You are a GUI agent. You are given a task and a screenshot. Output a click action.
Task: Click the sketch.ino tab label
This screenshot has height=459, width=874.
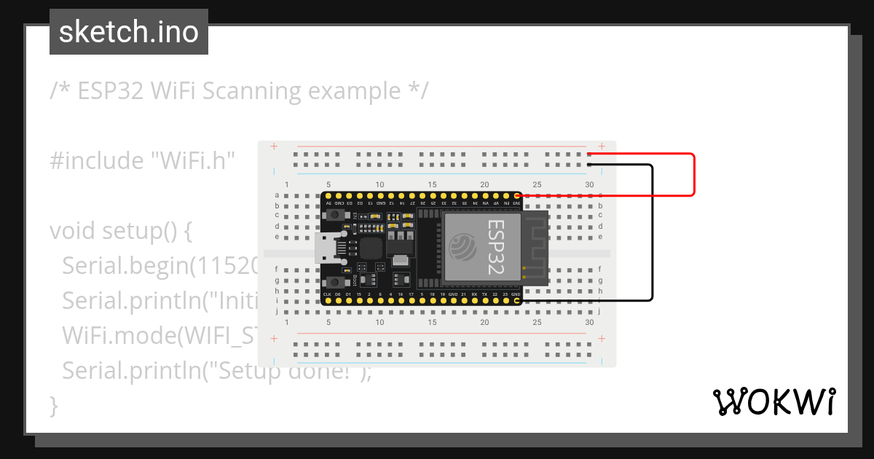pos(128,32)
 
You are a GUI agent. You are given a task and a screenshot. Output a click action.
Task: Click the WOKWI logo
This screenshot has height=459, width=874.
pos(773,401)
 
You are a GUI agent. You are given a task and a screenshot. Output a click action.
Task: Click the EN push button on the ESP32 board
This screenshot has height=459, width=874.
pos(336,216)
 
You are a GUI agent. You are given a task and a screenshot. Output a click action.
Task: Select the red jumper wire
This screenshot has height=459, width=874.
pos(693,175)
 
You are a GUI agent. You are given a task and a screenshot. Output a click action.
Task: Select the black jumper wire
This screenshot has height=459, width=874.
pos(651,233)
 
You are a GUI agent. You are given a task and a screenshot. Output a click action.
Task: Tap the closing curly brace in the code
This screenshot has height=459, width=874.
pos(53,405)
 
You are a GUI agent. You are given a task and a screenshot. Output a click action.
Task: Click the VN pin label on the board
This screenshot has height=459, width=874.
pos(484,203)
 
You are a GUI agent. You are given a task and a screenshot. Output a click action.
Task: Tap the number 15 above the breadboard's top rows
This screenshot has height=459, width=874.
pos(433,184)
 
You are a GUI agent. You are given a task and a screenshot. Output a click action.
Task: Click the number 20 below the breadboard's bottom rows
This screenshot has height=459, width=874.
pos(484,322)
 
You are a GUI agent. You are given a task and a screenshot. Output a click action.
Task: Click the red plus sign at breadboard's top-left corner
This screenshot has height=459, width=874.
pos(274,146)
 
